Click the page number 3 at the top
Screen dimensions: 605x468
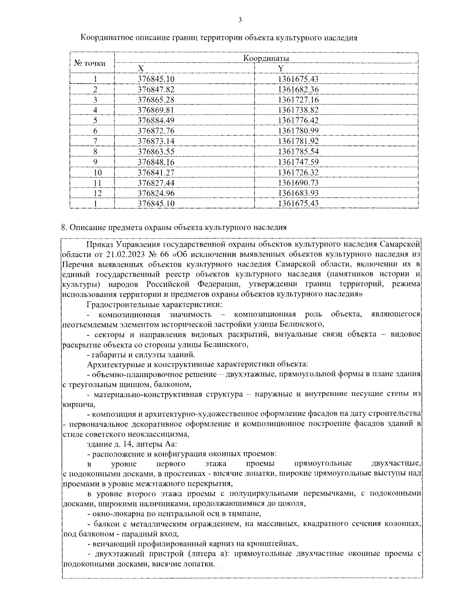[x=239, y=20]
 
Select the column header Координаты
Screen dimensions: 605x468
[x=266, y=58]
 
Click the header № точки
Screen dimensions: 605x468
[x=90, y=63]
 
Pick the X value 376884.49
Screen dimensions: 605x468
[x=156, y=120]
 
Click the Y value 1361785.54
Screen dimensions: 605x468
[x=298, y=151]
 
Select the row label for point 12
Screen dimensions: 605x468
[x=95, y=193]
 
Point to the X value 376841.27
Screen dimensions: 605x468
[x=156, y=172]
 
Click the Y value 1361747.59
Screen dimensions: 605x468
[x=298, y=162]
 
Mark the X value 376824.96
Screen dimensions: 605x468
[x=156, y=193]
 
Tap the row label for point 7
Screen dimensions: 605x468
[x=95, y=141]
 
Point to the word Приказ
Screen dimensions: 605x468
[x=100, y=244]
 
